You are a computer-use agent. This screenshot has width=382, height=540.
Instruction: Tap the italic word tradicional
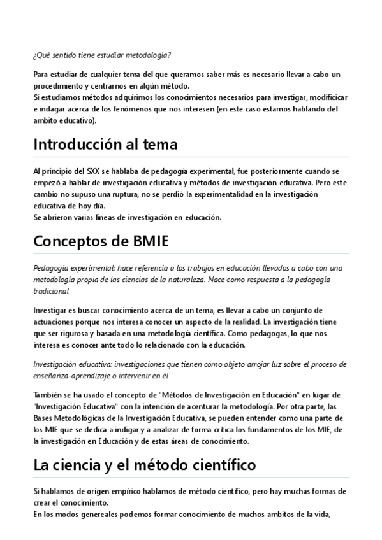click(x=51, y=290)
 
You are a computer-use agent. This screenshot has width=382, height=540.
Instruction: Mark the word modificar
click(x=325, y=97)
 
